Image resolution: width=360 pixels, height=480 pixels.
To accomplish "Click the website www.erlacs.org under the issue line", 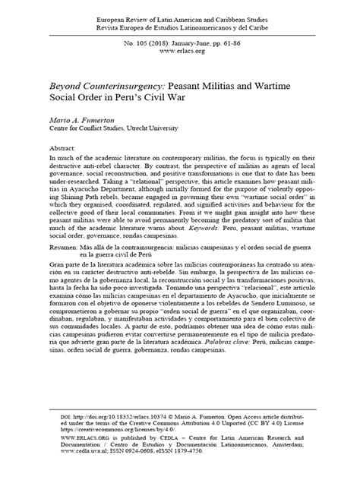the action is (x=180, y=52).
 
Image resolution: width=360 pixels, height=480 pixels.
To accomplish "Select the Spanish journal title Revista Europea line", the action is (x=180, y=24).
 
